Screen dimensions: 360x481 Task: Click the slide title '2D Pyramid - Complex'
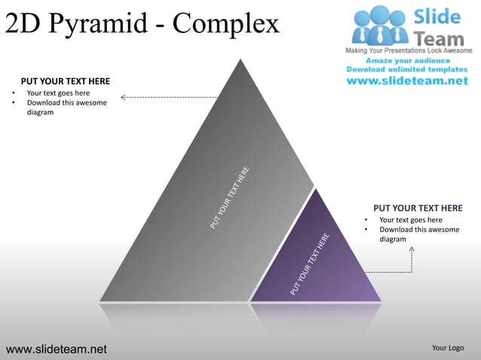click(142, 24)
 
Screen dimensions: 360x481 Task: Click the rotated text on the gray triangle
click(230, 197)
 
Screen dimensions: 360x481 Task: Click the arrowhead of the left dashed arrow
click(124, 96)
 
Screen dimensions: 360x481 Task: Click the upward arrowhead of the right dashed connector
click(412, 247)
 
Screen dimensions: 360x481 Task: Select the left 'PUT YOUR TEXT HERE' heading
click(65, 81)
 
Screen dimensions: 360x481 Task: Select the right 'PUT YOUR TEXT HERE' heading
click(418, 208)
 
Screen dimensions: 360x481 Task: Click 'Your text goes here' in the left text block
click(58, 93)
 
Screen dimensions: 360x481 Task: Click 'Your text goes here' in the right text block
click(411, 220)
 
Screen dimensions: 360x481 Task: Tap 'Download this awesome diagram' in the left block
click(66, 108)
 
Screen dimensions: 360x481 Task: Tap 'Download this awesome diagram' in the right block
click(418, 234)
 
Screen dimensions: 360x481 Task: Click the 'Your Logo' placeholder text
click(447, 348)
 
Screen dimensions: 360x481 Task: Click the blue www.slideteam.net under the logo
click(407, 81)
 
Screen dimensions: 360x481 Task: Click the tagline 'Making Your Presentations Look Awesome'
click(408, 50)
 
